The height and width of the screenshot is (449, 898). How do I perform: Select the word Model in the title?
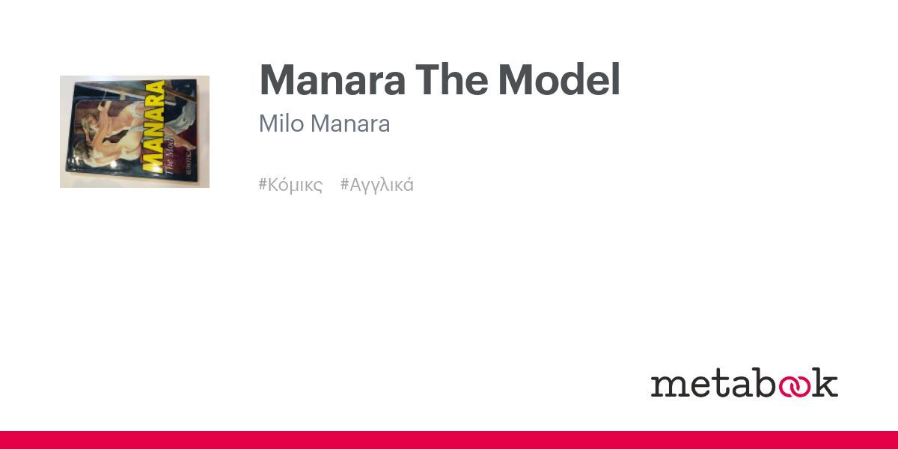(559, 80)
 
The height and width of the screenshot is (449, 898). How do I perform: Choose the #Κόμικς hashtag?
(290, 185)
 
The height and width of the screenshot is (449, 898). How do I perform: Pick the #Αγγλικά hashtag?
(377, 185)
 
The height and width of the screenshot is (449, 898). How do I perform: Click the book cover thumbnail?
(135, 132)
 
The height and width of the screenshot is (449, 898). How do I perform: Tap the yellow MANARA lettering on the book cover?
(154, 127)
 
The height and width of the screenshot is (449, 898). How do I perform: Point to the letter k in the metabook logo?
(826, 382)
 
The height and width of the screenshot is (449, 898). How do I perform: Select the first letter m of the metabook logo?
(665, 385)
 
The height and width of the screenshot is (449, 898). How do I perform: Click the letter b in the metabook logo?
(756, 382)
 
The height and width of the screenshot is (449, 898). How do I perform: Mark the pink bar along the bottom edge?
(449, 440)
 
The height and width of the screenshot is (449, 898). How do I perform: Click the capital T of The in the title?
(427, 80)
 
